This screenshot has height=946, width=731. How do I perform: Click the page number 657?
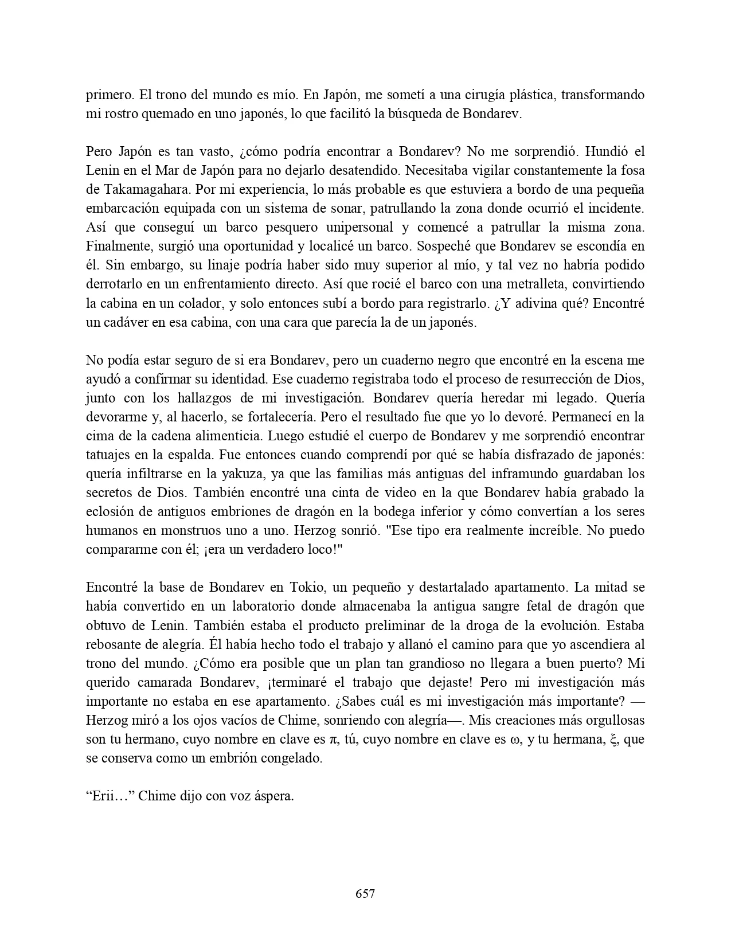click(x=365, y=893)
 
